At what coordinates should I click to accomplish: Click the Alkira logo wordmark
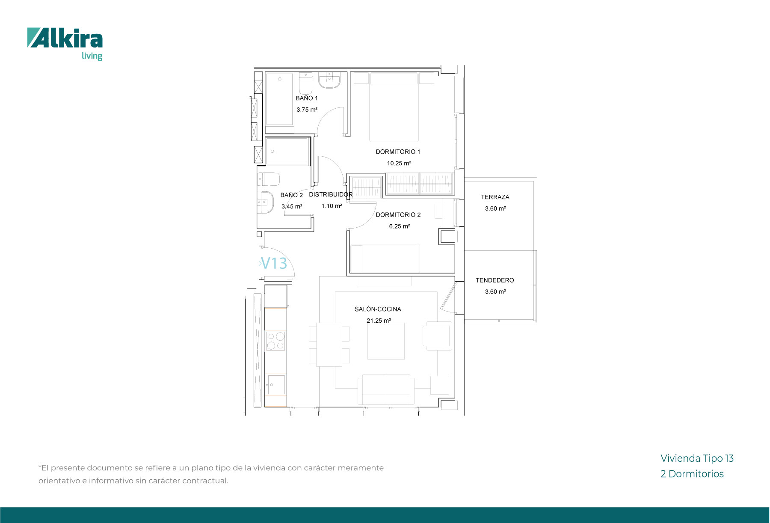[65, 38]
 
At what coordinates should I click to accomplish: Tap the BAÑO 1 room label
[307, 98]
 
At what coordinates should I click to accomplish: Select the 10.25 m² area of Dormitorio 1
[399, 163]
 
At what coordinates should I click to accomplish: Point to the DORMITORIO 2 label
[398, 215]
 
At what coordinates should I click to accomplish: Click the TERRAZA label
[495, 197]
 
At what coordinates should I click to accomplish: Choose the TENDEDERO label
[495, 280]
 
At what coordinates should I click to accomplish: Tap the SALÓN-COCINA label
[378, 309]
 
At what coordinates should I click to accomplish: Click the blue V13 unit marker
[274, 263]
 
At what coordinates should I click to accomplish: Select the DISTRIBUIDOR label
[331, 194]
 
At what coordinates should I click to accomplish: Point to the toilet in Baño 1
[305, 83]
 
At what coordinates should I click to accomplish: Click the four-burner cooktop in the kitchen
[275, 341]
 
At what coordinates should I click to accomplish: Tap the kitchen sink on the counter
[276, 385]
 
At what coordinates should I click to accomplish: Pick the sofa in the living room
[386, 389]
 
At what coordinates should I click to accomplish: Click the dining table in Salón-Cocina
[329, 345]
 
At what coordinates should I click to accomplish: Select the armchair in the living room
[438, 336]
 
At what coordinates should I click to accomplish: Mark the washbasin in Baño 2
[265, 202]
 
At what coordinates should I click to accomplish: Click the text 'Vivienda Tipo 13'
[697, 458]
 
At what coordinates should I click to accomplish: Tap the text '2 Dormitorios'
[692, 474]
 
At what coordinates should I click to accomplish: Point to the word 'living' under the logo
[92, 56]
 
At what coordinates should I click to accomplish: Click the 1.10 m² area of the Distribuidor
[332, 206]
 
